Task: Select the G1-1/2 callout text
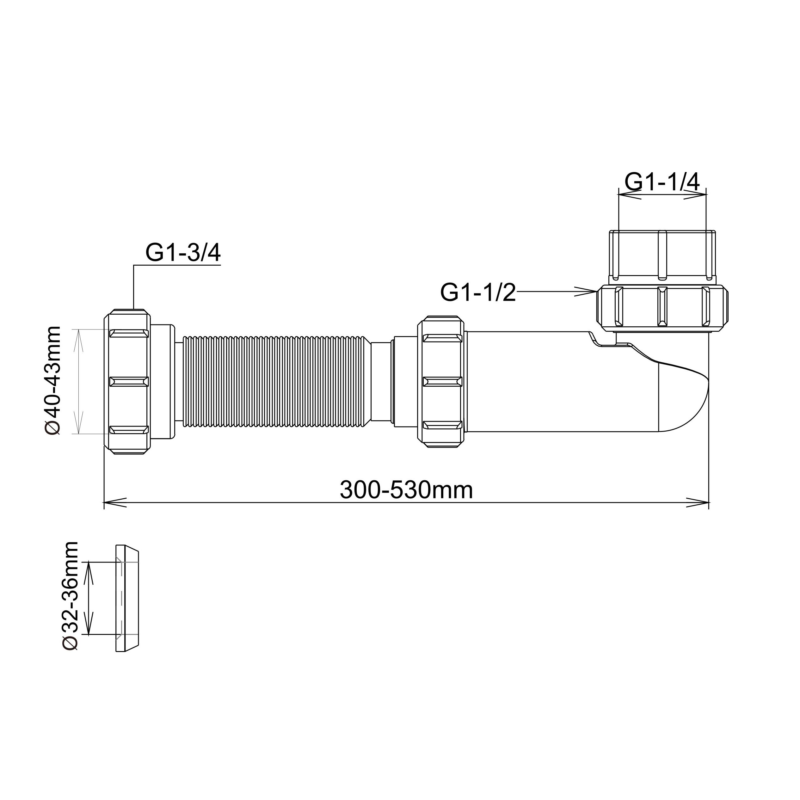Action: [478, 293]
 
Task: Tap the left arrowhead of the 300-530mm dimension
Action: [115, 503]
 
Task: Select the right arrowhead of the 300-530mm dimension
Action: [698, 503]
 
